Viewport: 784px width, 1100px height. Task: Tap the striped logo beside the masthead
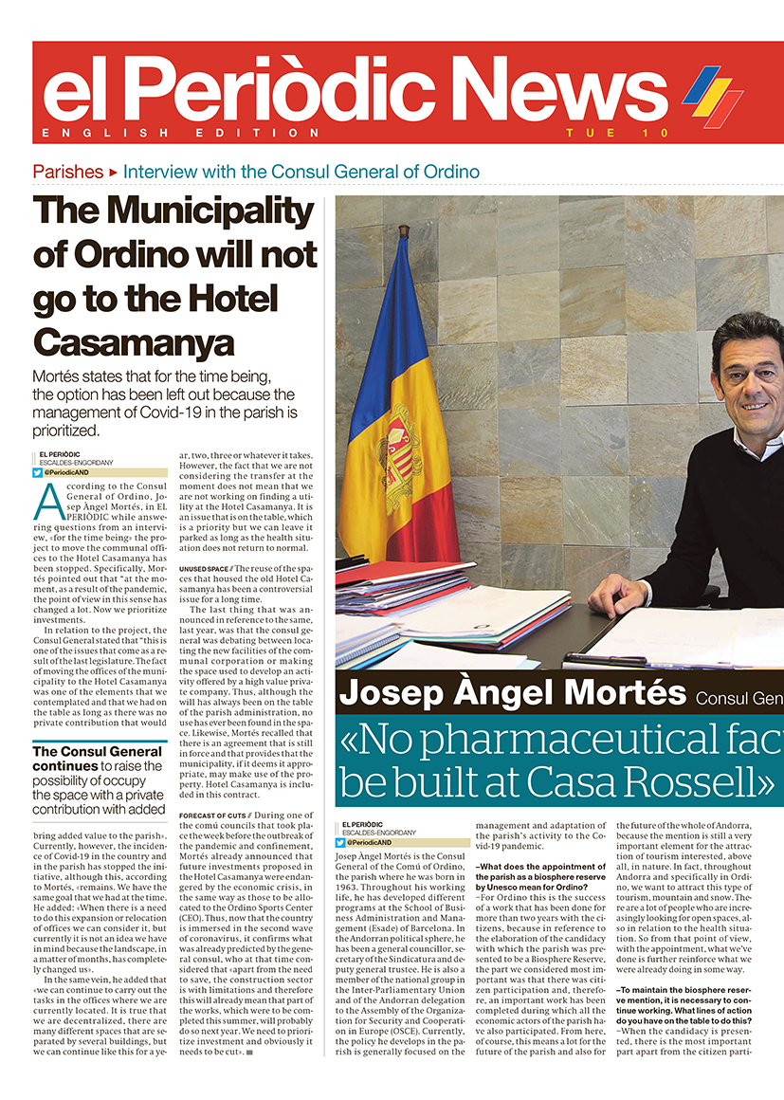pyautogui.click(x=713, y=95)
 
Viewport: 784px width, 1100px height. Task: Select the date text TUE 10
pyautogui.click(x=618, y=133)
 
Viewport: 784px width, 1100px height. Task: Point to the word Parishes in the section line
pyautogui.click(x=67, y=172)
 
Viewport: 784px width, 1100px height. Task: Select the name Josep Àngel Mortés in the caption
pyautogui.click(x=512, y=693)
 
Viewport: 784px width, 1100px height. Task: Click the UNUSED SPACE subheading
pyautogui.click(x=204, y=568)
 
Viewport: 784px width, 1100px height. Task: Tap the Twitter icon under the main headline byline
pyautogui.click(x=38, y=472)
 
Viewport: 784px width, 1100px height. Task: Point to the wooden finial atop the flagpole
pyautogui.click(x=403, y=230)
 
